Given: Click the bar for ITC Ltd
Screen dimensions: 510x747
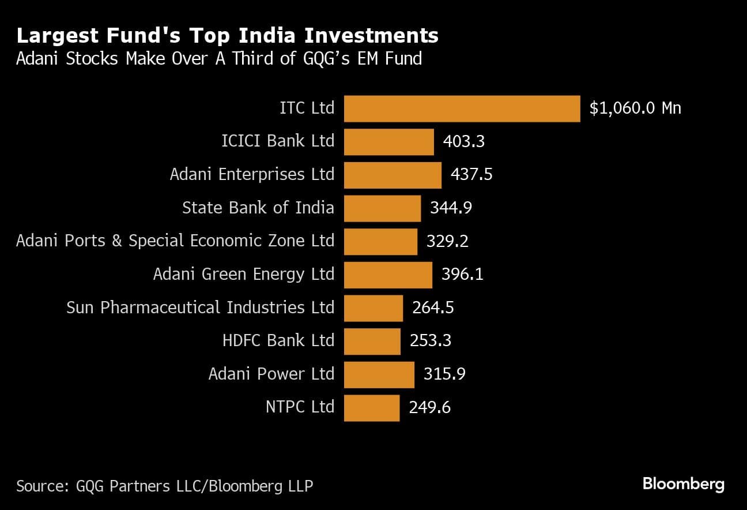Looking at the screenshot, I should click(x=462, y=108).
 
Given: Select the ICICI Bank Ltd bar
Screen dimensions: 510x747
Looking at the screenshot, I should click(x=388, y=142).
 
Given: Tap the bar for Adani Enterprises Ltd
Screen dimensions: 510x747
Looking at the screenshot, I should click(x=393, y=175).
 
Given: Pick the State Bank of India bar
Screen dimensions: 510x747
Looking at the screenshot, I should click(x=382, y=208).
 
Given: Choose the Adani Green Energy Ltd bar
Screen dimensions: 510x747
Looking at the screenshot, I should click(x=388, y=275).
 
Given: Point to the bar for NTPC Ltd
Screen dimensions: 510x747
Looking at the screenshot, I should click(x=372, y=408).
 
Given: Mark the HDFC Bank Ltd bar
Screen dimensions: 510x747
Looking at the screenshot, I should click(x=372, y=342).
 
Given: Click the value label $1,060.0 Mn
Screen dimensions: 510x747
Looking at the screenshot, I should click(x=635, y=108).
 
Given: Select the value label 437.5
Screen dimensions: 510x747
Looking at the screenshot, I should click(x=471, y=175).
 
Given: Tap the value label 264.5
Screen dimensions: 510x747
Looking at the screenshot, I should click(x=433, y=308).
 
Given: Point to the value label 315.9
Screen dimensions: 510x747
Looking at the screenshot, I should click(x=444, y=374).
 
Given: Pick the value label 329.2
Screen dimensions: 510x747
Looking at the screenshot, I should click(x=447, y=241).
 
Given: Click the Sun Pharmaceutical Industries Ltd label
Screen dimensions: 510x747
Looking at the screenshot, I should click(x=200, y=307).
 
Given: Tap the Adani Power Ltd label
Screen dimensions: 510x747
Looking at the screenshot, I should click(x=271, y=374).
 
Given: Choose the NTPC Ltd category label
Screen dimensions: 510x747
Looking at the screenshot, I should click(x=300, y=407).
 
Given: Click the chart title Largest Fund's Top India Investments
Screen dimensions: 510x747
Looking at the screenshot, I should click(x=227, y=36).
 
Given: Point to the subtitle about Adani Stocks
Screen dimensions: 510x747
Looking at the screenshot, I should click(x=219, y=59).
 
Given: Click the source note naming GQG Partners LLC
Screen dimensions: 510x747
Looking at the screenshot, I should click(x=165, y=486).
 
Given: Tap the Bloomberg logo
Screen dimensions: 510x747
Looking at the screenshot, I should click(x=683, y=484).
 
